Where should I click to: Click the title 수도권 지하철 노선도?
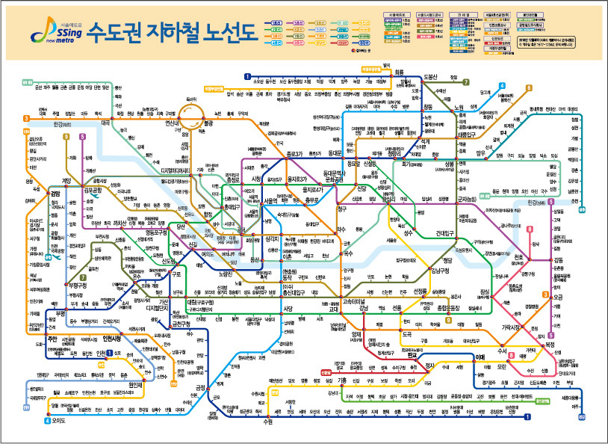171,32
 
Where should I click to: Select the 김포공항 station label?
97,190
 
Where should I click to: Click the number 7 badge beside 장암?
465,82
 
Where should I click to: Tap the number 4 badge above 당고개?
503,86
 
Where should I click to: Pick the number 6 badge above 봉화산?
528,87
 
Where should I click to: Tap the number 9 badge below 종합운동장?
448,321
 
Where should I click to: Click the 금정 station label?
199,386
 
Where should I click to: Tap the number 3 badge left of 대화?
27,118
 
